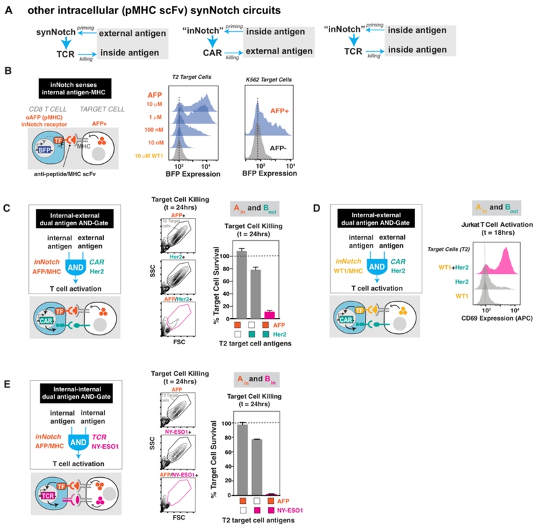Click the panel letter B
tap(9, 70)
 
